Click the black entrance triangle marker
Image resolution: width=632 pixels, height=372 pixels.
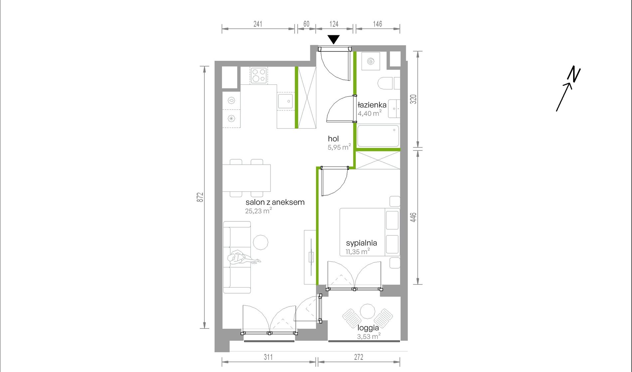334,39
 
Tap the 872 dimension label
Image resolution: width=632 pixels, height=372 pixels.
200,197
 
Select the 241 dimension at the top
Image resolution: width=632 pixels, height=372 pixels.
258,24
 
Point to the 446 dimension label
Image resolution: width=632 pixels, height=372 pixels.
413,217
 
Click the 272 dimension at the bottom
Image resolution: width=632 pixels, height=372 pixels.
359,357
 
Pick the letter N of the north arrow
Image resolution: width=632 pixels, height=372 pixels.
574,74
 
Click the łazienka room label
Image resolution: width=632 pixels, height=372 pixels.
372,105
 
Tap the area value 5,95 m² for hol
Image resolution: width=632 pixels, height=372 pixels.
339,147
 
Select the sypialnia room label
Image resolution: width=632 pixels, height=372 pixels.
361,243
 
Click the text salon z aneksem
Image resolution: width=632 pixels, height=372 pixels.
275,202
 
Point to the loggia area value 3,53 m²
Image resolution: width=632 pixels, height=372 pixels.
369,336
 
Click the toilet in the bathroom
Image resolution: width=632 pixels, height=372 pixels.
386,83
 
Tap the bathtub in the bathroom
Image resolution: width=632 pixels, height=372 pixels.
378,136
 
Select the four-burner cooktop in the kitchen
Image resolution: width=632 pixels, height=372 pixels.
259,75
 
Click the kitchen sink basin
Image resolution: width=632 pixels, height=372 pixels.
285,101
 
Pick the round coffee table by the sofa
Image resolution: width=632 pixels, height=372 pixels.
260,242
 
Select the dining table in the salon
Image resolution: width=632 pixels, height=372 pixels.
246,178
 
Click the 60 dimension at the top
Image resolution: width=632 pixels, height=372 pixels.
306,24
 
